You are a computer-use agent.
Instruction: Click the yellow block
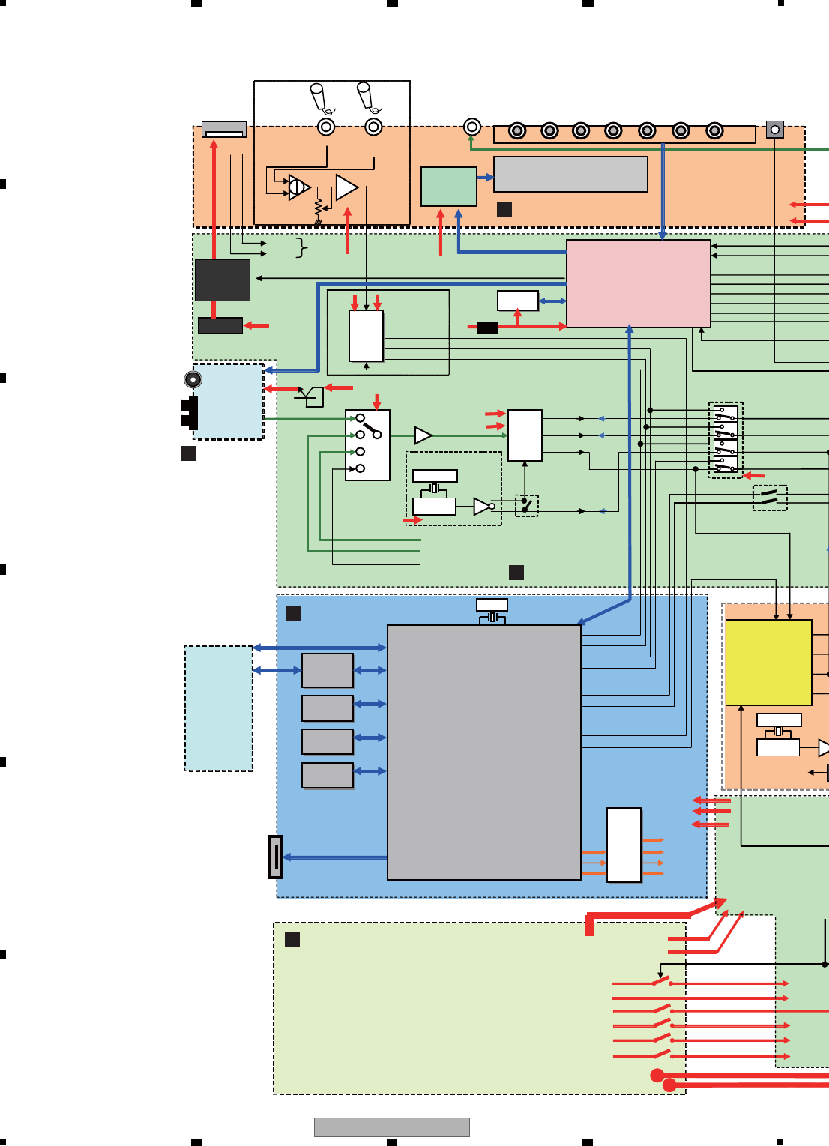[x=768, y=662]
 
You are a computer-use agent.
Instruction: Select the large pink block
[x=638, y=283]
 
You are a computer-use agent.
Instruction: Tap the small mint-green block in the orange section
[x=448, y=187]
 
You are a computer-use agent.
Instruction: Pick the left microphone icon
[x=318, y=97]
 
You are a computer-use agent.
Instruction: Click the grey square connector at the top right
[x=775, y=130]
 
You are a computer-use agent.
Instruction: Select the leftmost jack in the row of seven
[x=517, y=131]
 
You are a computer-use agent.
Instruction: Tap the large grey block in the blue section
[x=484, y=752]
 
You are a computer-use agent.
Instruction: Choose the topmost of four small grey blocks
[x=328, y=670]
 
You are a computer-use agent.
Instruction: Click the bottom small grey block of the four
[x=328, y=775]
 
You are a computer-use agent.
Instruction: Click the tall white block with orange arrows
[x=624, y=845]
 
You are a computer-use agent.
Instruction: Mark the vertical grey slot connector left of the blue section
[x=276, y=857]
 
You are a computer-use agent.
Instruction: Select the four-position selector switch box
[x=367, y=444]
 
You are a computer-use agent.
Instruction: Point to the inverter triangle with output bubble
[x=483, y=507]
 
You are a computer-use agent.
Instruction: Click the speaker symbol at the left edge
[x=193, y=379]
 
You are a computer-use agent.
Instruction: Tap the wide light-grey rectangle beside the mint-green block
[x=570, y=174]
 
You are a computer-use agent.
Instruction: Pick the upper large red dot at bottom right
[x=657, y=1076]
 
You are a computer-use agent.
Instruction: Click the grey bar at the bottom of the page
[x=391, y=1127]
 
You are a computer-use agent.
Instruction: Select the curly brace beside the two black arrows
[x=301, y=247]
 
